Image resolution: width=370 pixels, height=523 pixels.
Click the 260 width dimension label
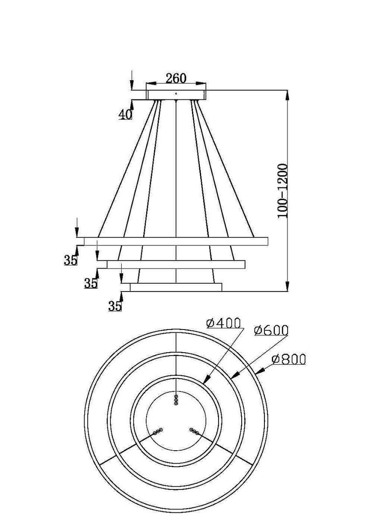tap(176, 78)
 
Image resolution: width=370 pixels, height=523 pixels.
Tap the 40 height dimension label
tap(125, 114)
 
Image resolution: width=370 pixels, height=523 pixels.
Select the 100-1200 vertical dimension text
tap(283, 191)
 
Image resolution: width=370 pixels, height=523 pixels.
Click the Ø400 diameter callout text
tap(223, 323)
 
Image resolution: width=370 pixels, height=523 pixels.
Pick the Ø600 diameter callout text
tap(271, 330)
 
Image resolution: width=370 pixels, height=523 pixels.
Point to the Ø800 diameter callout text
tap(288, 360)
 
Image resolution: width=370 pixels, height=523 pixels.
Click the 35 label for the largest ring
tap(70, 260)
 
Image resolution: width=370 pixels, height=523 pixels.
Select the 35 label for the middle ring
tap(91, 283)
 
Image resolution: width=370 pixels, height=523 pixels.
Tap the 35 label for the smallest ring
tap(115, 306)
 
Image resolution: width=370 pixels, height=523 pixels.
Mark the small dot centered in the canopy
tap(176, 93)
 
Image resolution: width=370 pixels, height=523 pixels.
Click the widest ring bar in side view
tap(176, 241)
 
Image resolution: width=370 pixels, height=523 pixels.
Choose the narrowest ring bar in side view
tap(176, 287)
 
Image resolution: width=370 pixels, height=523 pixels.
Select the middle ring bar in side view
tap(176, 265)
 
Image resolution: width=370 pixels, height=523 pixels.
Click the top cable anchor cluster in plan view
tap(176, 400)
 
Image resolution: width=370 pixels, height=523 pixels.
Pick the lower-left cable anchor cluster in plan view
tap(158, 431)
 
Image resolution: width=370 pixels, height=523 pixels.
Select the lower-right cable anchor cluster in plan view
tap(194, 431)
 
